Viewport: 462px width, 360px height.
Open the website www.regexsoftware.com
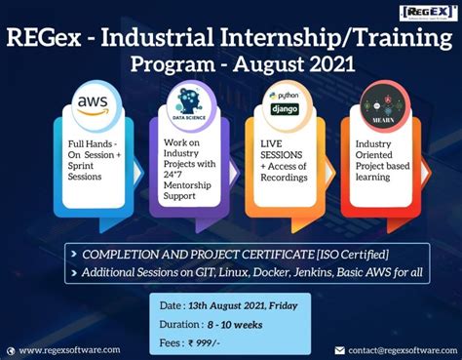point(69,349)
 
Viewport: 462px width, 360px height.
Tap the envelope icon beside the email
point(339,349)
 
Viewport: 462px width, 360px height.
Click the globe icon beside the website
point(11,349)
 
